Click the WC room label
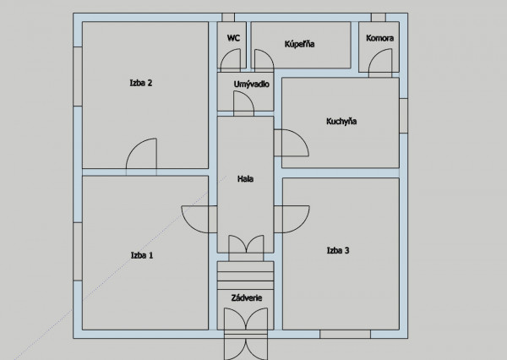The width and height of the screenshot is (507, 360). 233,38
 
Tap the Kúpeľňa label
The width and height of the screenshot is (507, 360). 299,44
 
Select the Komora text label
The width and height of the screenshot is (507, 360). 380,38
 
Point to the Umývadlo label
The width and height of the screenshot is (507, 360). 251,85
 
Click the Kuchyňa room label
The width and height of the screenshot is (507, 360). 341,122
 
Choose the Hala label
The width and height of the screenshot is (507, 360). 245,179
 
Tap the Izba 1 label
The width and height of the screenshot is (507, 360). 142,255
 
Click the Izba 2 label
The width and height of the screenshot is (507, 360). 141,83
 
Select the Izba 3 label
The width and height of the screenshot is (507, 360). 338,250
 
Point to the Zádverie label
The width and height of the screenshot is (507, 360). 247,298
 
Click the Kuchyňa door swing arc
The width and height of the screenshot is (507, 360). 301,137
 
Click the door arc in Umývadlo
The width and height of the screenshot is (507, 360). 248,95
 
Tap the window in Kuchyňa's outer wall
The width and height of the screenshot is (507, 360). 404,116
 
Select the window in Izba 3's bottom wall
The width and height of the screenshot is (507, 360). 345,334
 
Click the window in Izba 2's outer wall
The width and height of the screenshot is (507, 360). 78,76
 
